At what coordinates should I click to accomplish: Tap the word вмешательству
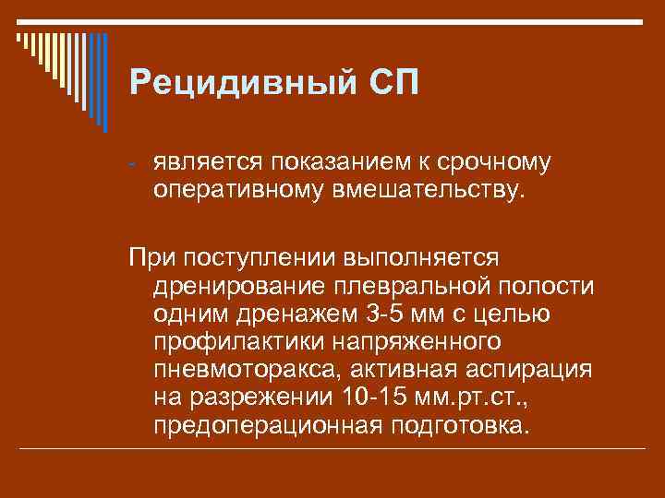432,191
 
